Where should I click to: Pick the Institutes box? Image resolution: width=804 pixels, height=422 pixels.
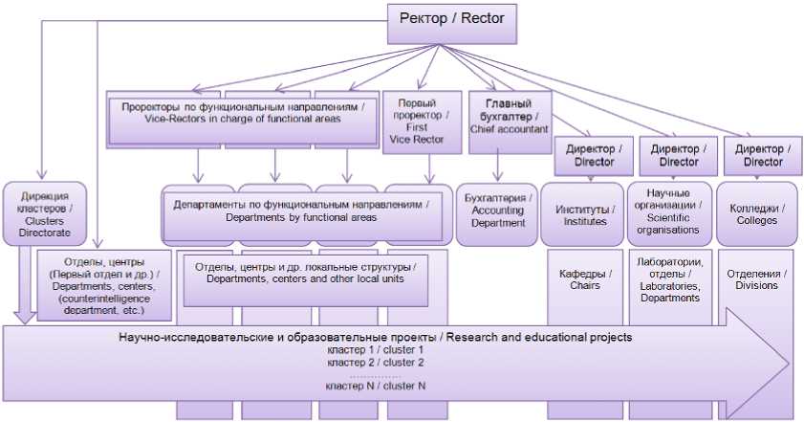tap(582, 214)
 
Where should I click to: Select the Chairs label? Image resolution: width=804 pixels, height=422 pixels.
tap(582, 278)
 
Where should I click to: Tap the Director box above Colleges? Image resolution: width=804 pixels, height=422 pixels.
tap(762, 155)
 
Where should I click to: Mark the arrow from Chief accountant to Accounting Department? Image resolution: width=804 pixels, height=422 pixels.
tap(498, 168)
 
